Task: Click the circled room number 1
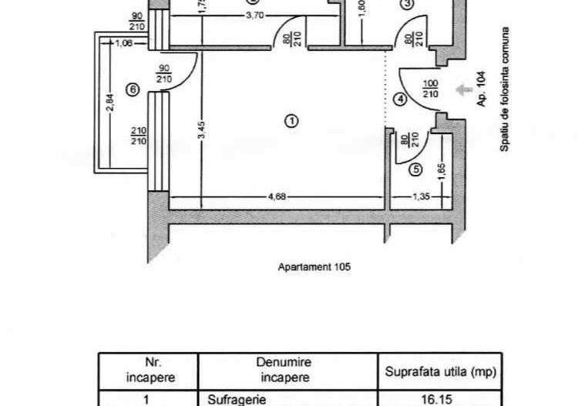click(291, 121)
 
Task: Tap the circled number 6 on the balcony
click(133, 90)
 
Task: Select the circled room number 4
click(399, 99)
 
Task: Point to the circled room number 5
click(416, 169)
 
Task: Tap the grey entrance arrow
click(463, 90)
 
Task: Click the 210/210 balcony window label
click(139, 136)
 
